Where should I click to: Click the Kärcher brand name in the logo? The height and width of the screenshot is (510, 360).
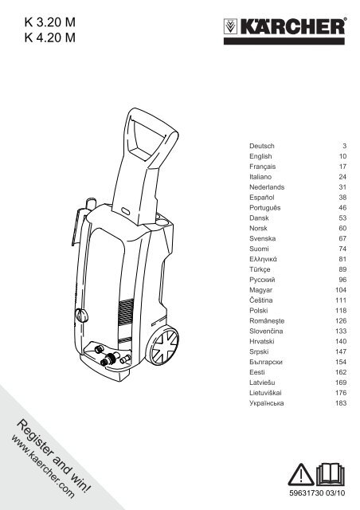(x=292, y=26)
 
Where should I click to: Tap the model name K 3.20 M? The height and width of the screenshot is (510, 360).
(x=49, y=22)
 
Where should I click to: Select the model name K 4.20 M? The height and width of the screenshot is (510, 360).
(x=49, y=37)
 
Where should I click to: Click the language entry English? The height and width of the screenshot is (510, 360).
(x=260, y=156)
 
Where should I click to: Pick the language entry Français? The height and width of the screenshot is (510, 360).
(x=263, y=167)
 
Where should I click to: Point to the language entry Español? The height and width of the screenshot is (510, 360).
(x=262, y=198)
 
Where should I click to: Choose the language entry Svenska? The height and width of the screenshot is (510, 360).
(x=263, y=238)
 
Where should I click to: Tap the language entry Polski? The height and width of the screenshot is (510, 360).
(x=259, y=311)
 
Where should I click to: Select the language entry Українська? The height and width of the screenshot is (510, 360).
(x=267, y=403)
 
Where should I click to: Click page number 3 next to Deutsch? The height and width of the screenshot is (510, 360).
(x=344, y=146)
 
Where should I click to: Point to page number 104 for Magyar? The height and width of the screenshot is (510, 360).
(x=341, y=290)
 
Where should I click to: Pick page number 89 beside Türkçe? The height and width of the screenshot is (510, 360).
(x=342, y=269)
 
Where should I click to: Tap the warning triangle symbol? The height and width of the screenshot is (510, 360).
(x=303, y=475)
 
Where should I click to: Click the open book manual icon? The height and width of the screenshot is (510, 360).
(x=330, y=474)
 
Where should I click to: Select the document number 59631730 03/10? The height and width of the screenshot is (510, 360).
(x=317, y=493)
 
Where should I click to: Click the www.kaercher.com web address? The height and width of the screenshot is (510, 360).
(x=42, y=466)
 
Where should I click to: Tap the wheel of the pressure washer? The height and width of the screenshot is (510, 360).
(x=164, y=345)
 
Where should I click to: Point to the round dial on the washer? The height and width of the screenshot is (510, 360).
(x=81, y=316)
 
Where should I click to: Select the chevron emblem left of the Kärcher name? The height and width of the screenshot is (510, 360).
(x=230, y=26)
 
